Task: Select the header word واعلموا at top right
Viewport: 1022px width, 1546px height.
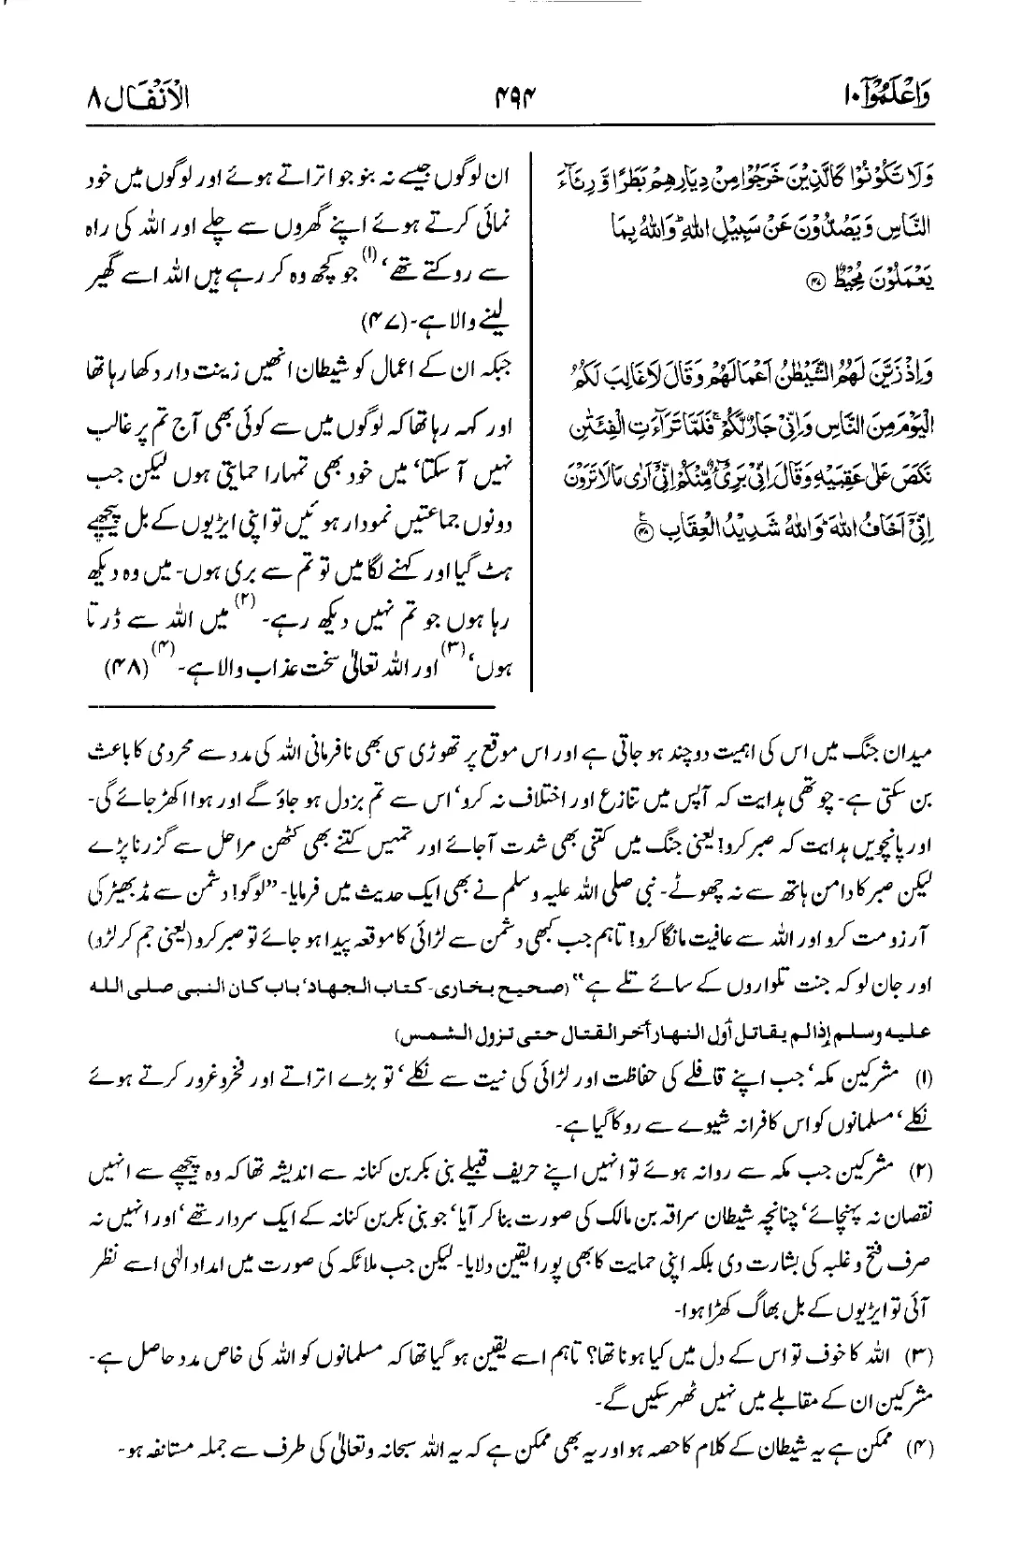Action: (899, 94)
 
